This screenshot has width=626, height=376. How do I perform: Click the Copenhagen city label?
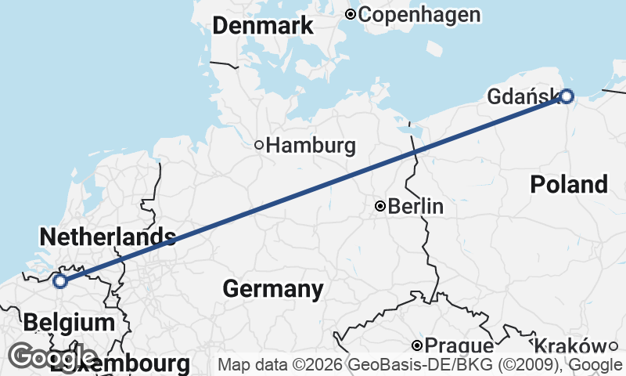(419, 14)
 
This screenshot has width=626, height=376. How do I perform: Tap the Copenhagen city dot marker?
(351, 14)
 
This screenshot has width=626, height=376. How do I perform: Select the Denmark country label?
(263, 26)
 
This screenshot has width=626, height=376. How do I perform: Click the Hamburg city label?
(311, 145)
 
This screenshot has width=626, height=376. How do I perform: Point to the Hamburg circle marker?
(259, 145)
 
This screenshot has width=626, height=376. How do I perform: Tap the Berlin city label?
(416, 207)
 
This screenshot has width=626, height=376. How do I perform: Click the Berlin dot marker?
(380, 207)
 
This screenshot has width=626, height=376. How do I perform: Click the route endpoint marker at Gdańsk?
(567, 96)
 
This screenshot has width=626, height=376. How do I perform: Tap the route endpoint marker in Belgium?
(60, 282)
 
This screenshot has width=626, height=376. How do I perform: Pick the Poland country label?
(568, 185)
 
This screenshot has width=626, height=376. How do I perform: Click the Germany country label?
(273, 289)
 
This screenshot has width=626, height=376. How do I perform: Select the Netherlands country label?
(106, 236)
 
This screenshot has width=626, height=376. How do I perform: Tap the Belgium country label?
(69, 322)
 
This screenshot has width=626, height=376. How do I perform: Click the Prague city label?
(460, 346)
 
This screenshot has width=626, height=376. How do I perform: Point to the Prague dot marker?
(418, 345)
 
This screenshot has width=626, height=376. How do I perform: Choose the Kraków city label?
(569, 346)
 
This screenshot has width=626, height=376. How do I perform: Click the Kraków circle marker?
(613, 346)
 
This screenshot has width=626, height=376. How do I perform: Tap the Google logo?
(52, 357)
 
